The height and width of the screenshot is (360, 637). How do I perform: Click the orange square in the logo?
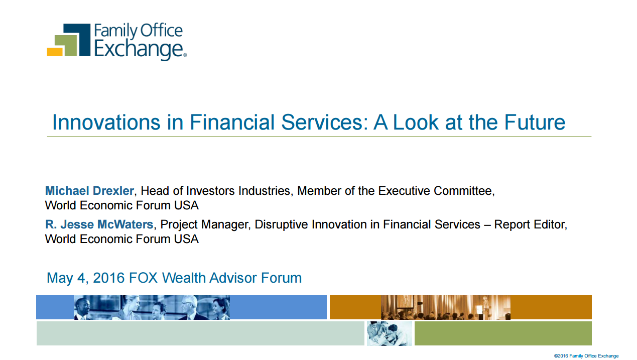click(x=55, y=52)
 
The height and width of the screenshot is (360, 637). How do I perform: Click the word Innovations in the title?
click(x=106, y=123)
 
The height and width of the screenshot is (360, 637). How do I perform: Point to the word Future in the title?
click(x=535, y=123)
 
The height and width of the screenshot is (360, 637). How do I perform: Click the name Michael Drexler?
click(x=89, y=191)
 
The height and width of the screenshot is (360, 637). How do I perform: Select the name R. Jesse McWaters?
click(x=99, y=224)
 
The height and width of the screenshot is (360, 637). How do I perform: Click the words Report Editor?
click(x=531, y=224)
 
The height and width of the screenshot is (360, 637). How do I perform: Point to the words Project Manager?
click(x=205, y=224)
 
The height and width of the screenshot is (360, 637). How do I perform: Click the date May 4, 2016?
click(x=86, y=278)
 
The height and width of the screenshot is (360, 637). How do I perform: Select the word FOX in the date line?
click(x=144, y=278)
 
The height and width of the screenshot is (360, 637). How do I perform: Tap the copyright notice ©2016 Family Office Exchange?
click(x=586, y=356)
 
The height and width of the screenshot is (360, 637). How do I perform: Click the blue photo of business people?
click(x=152, y=307)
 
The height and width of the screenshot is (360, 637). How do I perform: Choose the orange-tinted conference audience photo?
click(x=446, y=307)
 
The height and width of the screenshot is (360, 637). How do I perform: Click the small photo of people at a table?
click(x=390, y=333)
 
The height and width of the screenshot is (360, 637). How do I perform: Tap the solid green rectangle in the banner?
click(x=503, y=333)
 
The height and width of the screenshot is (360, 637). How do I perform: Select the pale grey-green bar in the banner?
click(x=200, y=333)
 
